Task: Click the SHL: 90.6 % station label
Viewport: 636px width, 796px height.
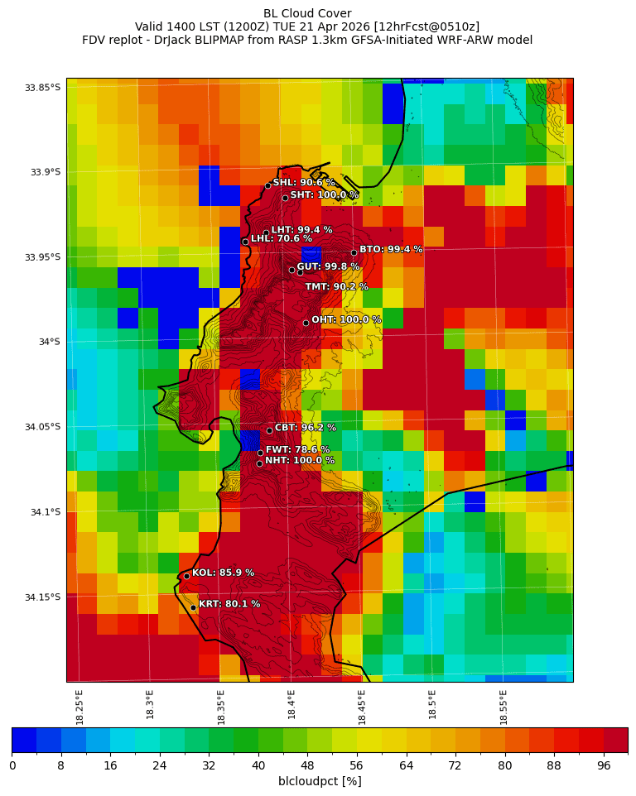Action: [304, 183]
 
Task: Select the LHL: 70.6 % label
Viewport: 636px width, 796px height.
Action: [282, 239]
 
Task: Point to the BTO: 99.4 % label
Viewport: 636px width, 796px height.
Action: [391, 249]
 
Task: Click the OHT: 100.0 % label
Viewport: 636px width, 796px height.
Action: [346, 319]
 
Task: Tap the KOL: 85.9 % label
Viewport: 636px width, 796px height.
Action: [223, 573]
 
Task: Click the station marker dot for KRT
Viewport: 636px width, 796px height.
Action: [193, 607]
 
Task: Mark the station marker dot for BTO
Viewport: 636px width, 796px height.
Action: [354, 252]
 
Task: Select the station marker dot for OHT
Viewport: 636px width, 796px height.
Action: [306, 323]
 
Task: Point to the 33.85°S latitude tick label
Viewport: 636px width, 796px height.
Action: [42, 88]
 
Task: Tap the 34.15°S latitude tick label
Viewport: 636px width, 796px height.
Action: [42, 597]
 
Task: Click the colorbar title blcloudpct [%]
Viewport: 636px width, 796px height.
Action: [320, 781]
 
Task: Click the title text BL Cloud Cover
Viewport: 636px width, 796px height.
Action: [307, 13]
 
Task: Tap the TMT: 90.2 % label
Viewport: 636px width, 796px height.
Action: [336, 287]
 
